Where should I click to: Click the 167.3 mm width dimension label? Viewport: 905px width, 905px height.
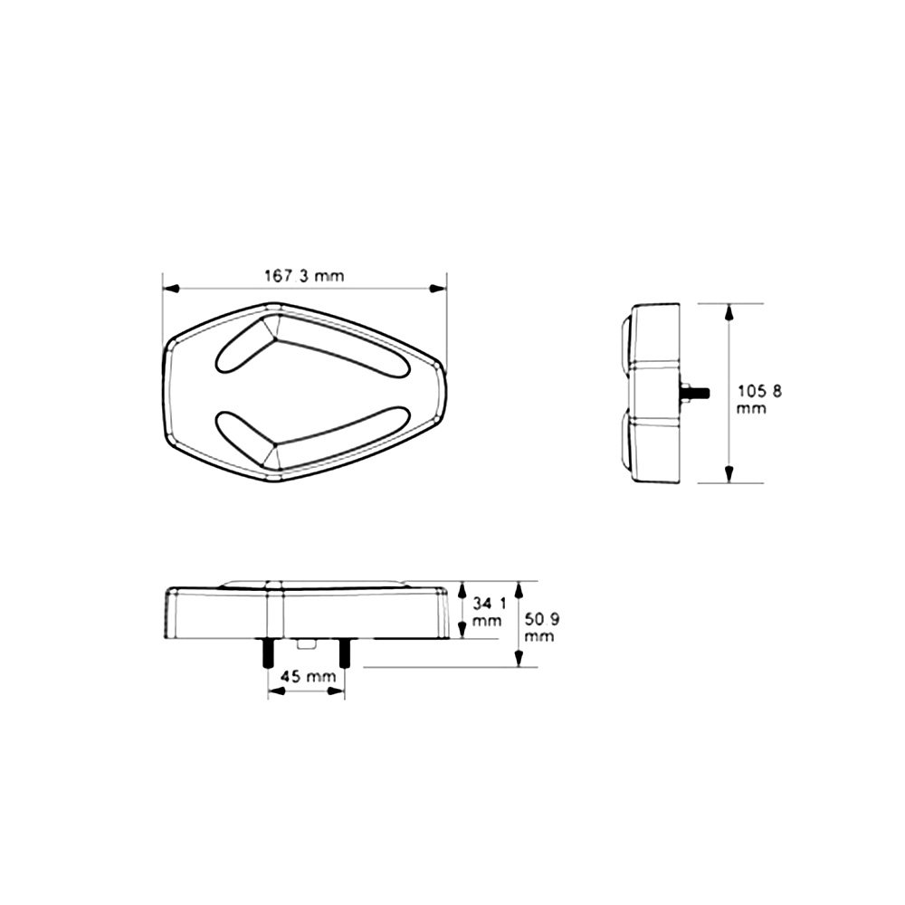point(304,275)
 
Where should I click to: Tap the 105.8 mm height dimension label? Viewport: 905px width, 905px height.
point(759,399)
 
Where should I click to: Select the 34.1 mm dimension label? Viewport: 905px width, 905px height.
point(489,612)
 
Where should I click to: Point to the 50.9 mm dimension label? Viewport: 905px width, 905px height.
point(542,628)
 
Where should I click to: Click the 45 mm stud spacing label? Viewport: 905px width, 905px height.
point(307,676)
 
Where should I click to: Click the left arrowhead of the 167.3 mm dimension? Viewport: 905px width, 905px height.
point(172,288)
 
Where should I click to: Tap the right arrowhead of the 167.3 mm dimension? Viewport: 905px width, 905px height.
point(438,288)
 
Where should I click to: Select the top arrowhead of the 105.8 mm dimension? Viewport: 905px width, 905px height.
point(729,312)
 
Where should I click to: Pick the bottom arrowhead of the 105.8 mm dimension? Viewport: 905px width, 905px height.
point(729,474)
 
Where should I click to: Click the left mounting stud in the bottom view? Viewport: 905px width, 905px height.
point(268,653)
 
